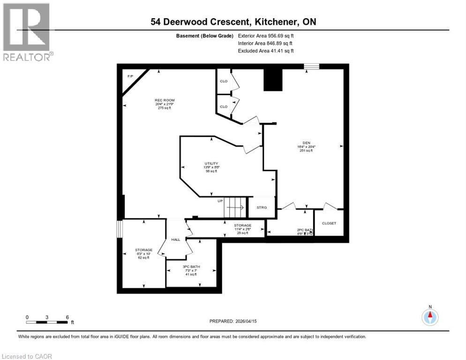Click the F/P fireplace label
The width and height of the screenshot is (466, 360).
(130, 76)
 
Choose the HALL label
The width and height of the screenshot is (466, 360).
(175, 240)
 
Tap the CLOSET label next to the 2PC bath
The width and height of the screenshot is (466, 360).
(329, 223)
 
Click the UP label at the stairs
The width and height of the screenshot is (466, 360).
(220, 201)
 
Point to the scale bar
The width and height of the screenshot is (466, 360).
(47, 322)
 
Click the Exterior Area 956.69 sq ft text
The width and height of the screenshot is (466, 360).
(266, 36)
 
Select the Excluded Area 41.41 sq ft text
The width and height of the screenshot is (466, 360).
(266, 51)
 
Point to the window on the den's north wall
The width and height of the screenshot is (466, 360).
(311, 67)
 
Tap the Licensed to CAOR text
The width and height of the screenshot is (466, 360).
(27, 356)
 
